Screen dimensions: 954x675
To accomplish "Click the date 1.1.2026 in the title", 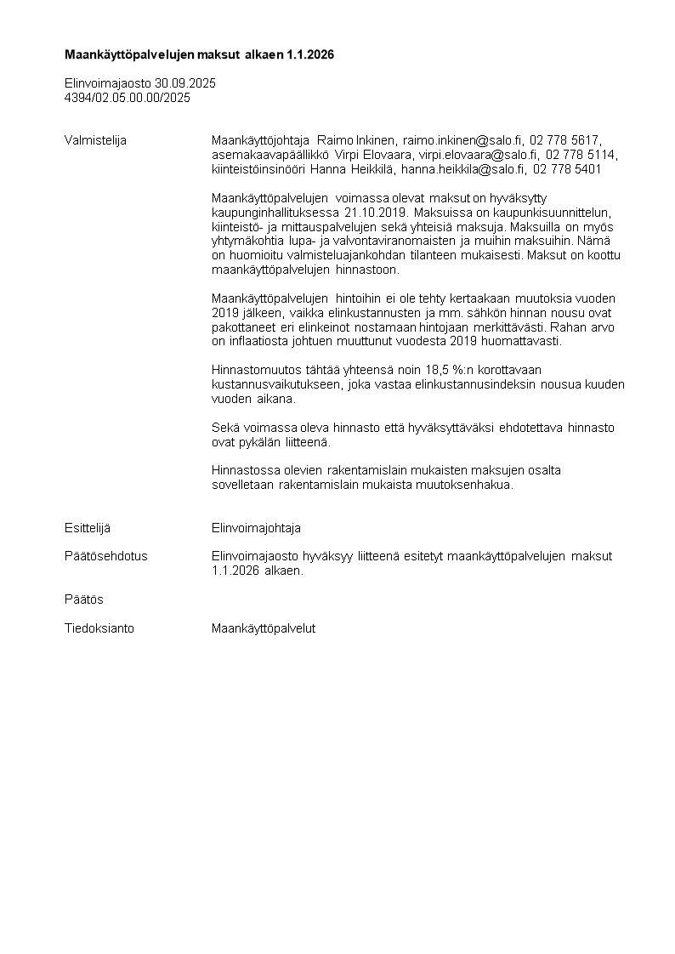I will pyautogui.click(x=309, y=54).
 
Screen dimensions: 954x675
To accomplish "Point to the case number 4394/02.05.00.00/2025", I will pyautogui.click(x=128, y=98).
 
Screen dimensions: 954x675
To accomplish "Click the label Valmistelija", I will pyautogui.click(x=95, y=140).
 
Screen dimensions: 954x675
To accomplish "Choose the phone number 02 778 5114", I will pyautogui.click(x=582, y=155).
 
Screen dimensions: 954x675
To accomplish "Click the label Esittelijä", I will pyautogui.click(x=88, y=528).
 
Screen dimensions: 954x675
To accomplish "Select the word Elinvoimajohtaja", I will pyautogui.click(x=256, y=528).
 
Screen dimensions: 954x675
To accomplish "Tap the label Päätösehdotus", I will pyautogui.click(x=106, y=556).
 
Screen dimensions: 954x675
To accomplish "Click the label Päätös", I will pyautogui.click(x=84, y=599).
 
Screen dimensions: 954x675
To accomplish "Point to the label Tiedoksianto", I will pyautogui.click(x=99, y=628).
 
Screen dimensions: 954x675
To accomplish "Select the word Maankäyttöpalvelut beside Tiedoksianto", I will pyautogui.click(x=264, y=628).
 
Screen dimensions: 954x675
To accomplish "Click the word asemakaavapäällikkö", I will pyautogui.click(x=266, y=155).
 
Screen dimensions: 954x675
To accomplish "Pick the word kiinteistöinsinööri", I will pyautogui.click(x=252, y=169).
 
